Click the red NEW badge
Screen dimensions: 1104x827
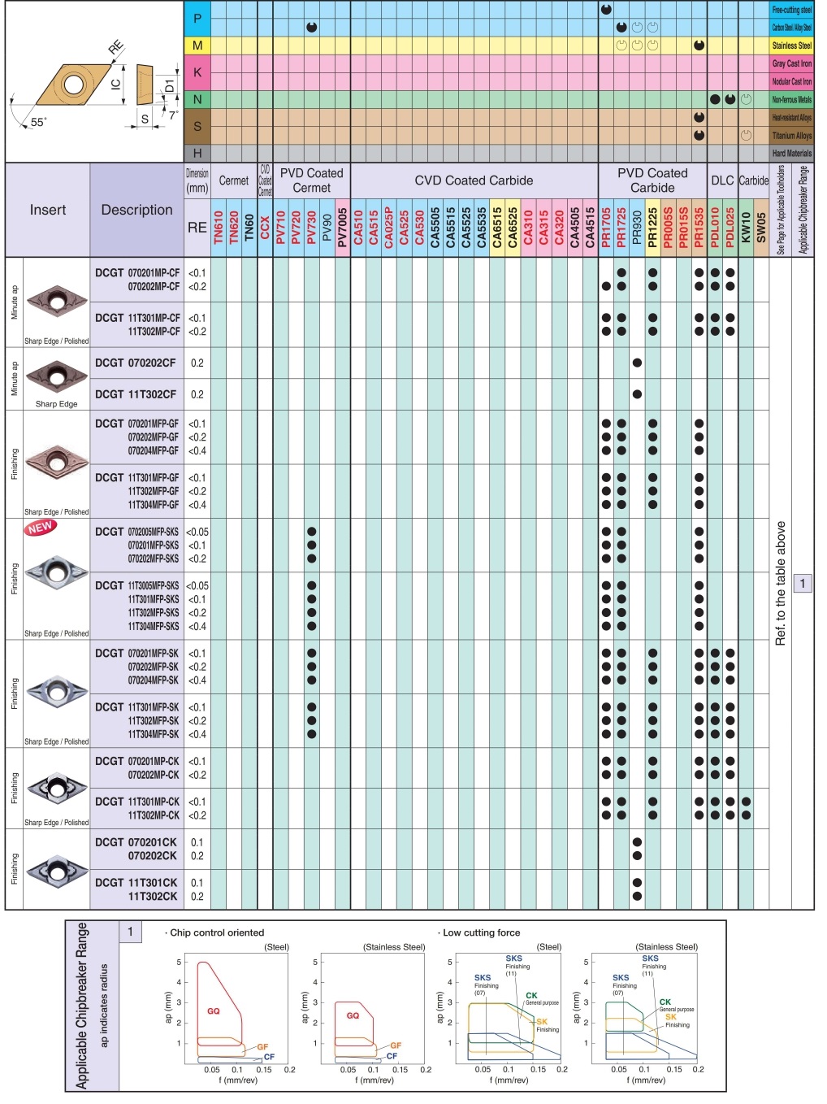pyautogui.click(x=40, y=528)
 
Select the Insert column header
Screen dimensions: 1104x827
pyautogui.click(x=48, y=210)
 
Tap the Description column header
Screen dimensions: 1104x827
pyautogui.click(x=136, y=210)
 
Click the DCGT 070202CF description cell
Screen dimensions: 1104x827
pyautogui.click(x=136, y=363)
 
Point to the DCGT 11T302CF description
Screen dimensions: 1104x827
pyautogui.click(x=136, y=394)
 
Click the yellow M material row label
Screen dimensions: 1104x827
pyautogui.click(x=197, y=46)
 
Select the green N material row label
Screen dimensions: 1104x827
pyautogui.click(x=197, y=99)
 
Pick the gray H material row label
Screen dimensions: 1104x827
pyautogui.click(x=197, y=153)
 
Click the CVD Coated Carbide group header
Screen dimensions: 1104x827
pyautogui.click(x=474, y=180)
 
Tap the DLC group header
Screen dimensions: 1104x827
pyautogui.click(x=722, y=180)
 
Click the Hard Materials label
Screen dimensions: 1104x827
pyautogui.click(x=791, y=153)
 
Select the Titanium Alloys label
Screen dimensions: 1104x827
pyautogui.click(x=791, y=136)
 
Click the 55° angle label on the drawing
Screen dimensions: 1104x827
pyautogui.click(x=38, y=122)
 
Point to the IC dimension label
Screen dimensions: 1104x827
pyautogui.click(x=115, y=84)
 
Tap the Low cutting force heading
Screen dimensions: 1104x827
pyautogui.click(x=481, y=932)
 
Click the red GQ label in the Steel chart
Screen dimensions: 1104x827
pyautogui.click(x=214, y=1011)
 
